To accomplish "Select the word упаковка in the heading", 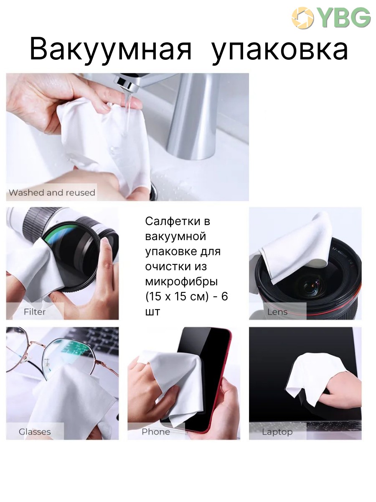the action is click(x=279, y=50).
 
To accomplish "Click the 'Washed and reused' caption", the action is click(x=52, y=192).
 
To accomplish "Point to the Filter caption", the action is click(x=35, y=312).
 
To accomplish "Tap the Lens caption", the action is click(x=277, y=312).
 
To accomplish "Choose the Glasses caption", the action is click(x=35, y=432).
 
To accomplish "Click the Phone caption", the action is click(x=156, y=432).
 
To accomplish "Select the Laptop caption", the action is click(x=277, y=432).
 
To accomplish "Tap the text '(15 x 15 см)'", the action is click(x=177, y=297).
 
